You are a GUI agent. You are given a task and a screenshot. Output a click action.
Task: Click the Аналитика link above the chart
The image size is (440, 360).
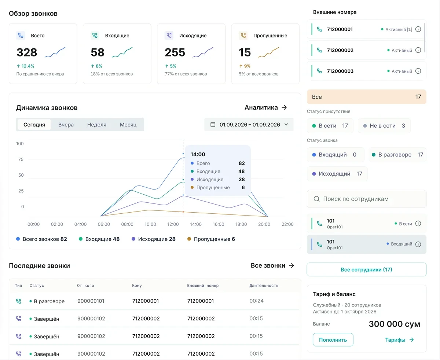pyautogui.click(x=265, y=107)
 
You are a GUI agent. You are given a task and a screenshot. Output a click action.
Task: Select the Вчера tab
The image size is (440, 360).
pyautogui.click(x=66, y=125)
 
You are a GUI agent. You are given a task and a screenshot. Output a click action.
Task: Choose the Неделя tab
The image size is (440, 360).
pyautogui.click(x=96, y=125)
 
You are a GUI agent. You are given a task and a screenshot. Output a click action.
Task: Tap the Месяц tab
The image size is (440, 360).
pyautogui.click(x=128, y=125)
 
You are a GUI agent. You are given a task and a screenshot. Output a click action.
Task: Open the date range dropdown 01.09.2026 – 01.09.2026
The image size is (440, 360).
pyautogui.click(x=249, y=125)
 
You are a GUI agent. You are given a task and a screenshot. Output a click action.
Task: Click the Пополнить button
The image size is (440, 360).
pyautogui.click(x=333, y=339)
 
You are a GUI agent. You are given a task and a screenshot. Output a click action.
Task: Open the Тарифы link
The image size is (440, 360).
pyautogui.click(x=399, y=340)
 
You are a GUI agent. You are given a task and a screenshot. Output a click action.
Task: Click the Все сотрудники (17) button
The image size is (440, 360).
pyautogui.click(x=367, y=269)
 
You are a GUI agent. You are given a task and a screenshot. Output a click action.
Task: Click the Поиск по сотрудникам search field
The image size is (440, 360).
pyautogui.click(x=367, y=199)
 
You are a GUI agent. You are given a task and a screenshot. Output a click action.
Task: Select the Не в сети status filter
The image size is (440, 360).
pyautogui.click(x=384, y=126)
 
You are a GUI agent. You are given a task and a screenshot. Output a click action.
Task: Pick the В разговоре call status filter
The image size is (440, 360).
pyautogui.click(x=397, y=155)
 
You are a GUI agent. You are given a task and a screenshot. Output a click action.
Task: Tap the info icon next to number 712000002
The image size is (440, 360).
pyautogui.click(x=418, y=50)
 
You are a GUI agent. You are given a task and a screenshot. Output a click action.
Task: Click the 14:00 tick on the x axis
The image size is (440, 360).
pyautogui.click(x=196, y=224)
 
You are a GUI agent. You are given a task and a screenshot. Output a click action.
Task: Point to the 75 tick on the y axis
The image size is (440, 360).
pyautogui.click(x=21, y=159)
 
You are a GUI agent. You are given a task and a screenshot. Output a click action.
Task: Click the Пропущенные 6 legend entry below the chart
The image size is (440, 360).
pyautogui.click(x=211, y=239)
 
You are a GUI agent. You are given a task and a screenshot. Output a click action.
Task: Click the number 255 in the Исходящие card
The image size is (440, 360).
pyautogui.click(x=175, y=52)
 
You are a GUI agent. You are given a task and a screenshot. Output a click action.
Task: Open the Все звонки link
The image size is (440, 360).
pyautogui.click(x=272, y=265)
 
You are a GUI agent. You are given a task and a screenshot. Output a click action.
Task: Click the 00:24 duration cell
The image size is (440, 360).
pyautogui.click(x=256, y=301)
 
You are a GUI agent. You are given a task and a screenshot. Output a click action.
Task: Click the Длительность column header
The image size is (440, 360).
pyautogui.click(x=264, y=286)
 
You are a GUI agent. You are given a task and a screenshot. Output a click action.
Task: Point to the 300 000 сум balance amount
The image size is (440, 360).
pyautogui.click(x=394, y=324)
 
